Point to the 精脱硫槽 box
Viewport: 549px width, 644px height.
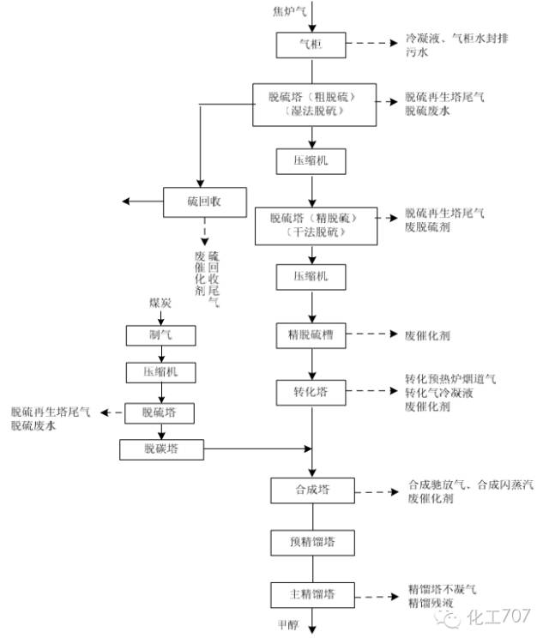coord(310,335)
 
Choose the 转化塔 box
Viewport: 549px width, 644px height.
coord(310,392)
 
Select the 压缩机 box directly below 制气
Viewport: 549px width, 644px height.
coord(160,372)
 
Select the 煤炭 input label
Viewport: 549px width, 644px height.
coord(160,304)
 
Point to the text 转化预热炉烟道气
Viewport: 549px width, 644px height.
coord(451,378)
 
